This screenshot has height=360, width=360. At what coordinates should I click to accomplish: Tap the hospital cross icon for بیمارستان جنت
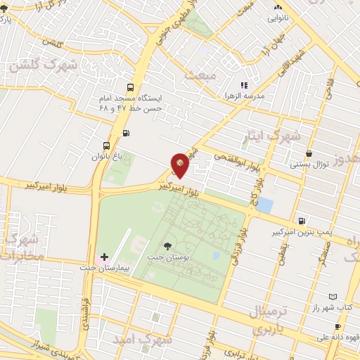pos(105,257)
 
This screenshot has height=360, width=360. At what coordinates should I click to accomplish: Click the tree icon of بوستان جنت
pos(167,245)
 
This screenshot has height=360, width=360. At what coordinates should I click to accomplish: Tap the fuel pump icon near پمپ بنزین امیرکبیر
pos(302,220)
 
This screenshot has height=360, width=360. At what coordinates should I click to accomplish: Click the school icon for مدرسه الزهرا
pos(244,85)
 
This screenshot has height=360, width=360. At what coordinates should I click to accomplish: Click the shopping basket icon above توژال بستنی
pos(309,153)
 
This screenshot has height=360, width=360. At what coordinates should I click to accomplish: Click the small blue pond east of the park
pos(264,205)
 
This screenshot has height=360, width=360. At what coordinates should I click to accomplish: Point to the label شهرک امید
pos(146,340)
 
